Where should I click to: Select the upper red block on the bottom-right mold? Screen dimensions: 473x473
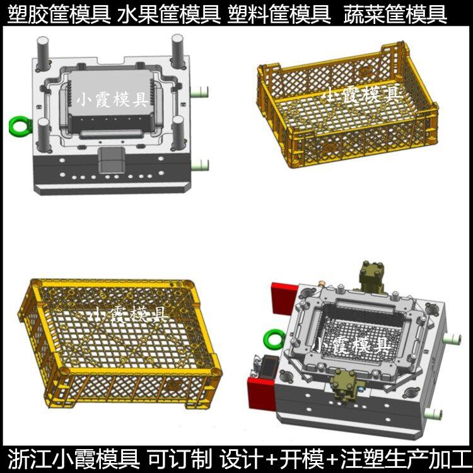pos(281,298)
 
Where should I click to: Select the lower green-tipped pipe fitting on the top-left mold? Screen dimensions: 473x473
pos(200,165)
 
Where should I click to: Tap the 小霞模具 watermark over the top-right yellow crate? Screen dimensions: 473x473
pos(361,95)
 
